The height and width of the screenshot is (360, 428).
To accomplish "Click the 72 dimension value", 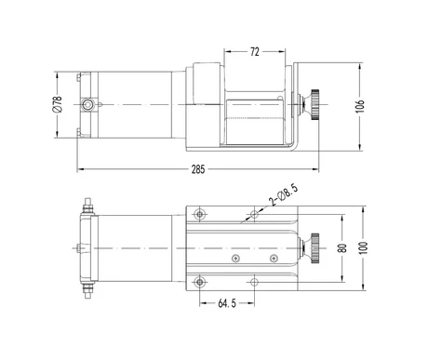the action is pos(254,52).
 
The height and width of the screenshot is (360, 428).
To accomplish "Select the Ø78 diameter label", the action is pos(58,104).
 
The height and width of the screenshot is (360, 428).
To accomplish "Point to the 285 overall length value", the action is pos(198,169).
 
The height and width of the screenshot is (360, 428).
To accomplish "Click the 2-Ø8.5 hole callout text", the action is pos(284,195).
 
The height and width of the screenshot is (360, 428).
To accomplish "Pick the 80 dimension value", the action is pos(342,248).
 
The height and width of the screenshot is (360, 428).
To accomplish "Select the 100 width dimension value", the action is pos(364,247).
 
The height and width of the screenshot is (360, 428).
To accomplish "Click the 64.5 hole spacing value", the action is pos(227,303).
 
